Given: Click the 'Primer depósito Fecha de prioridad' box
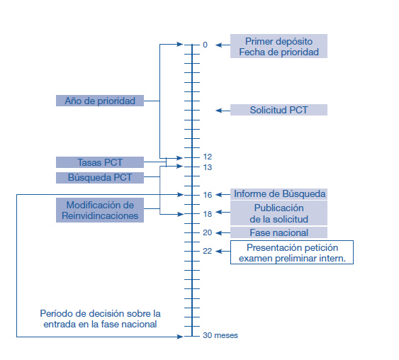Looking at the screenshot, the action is pos(279,46).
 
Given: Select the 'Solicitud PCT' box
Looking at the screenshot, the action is pos(279,110).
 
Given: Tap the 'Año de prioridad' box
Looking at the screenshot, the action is pos(100,101).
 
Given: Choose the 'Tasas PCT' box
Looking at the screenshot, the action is pos(100,162).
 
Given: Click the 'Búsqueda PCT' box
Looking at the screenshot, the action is pos(100,178).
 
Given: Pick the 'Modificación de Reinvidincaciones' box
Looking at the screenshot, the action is pos(100,210).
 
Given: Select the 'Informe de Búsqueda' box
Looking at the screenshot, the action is pos(279,194).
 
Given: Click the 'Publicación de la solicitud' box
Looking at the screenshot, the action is pos(279,213).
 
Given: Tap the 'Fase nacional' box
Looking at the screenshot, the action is pos(279,232).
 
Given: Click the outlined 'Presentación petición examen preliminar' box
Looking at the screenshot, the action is pos(292,252).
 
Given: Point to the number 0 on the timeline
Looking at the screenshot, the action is pos(205,45).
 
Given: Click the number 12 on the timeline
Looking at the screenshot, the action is pos(208,157).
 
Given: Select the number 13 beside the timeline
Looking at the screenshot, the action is pos(208,167).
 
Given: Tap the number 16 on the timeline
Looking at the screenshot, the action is pos(208,195).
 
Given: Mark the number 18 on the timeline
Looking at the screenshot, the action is pos(208,214).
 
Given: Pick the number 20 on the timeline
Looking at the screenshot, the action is pos(208,232).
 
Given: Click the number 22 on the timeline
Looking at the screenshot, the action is pos(208,251).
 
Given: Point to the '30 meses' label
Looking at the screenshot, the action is pos(220,335).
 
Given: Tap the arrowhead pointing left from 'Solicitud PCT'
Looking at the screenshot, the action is pos(219,111).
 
